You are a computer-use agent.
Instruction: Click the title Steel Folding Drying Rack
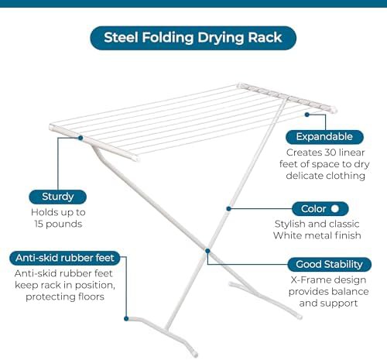tap(193, 38)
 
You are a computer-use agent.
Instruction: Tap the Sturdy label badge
tap(58, 197)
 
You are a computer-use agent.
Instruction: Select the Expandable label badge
tap(324, 137)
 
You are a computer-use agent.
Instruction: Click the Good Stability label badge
tap(330, 264)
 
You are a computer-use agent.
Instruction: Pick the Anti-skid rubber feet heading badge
tap(65, 258)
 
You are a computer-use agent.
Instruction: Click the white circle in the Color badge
tap(335, 208)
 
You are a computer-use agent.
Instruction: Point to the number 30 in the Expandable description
tap(330, 153)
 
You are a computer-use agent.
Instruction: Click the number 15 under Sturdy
tap(39, 224)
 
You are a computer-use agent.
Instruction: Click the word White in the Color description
tap(286, 235)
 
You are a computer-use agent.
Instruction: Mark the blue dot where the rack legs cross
tap(207, 251)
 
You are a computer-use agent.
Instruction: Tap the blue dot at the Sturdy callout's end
tap(80, 138)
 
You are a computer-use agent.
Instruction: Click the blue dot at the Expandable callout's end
tap(307, 115)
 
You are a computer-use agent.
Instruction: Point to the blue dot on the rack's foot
tap(126, 319)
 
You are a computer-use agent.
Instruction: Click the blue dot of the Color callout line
tap(228, 208)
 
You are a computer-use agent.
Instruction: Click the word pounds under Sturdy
tap(63, 225)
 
